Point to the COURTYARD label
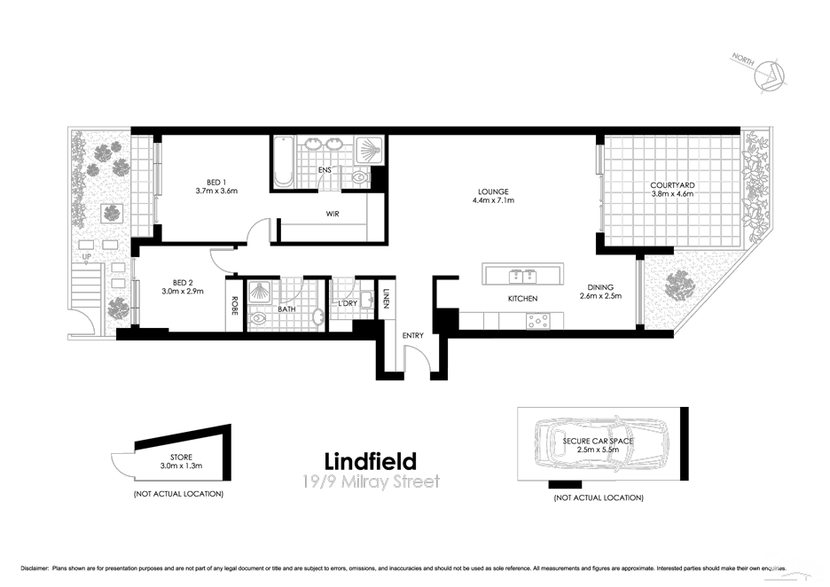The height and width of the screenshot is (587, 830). click(673, 185)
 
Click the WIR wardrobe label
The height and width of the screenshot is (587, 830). click(333, 214)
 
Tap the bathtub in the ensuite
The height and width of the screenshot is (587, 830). click(284, 161)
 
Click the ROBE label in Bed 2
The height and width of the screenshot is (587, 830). click(235, 305)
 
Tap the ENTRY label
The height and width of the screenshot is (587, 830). click(413, 335)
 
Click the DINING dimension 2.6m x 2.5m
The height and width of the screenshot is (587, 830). click(600, 297)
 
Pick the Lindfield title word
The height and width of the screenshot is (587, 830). click(370, 462)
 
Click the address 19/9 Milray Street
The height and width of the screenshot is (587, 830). click(369, 482)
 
